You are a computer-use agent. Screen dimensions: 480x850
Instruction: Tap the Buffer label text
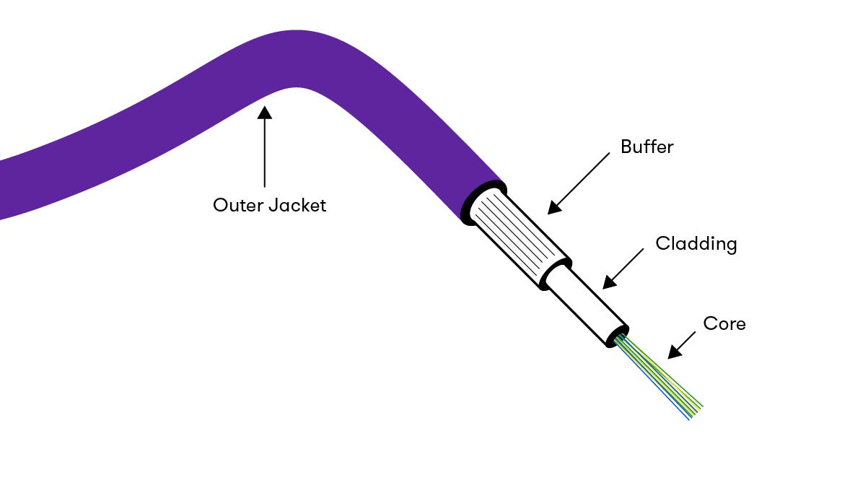(x=647, y=147)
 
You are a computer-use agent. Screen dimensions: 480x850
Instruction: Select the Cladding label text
(x=696, y=244)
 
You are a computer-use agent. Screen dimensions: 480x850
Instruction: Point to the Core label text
(x=724, y=324)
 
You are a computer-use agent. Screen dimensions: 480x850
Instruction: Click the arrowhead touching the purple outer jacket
(x=265, y=112)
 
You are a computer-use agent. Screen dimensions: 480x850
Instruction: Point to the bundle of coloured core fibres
(x=657, y=375)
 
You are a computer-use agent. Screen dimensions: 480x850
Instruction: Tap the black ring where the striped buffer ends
(x=553, y=274)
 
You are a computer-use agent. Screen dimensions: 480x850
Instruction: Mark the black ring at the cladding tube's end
(x=617, y=336)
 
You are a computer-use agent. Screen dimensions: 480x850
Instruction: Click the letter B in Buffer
(x=626, y=147)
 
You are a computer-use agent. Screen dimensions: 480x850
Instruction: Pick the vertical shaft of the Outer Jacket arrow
(x=265, y=152)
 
